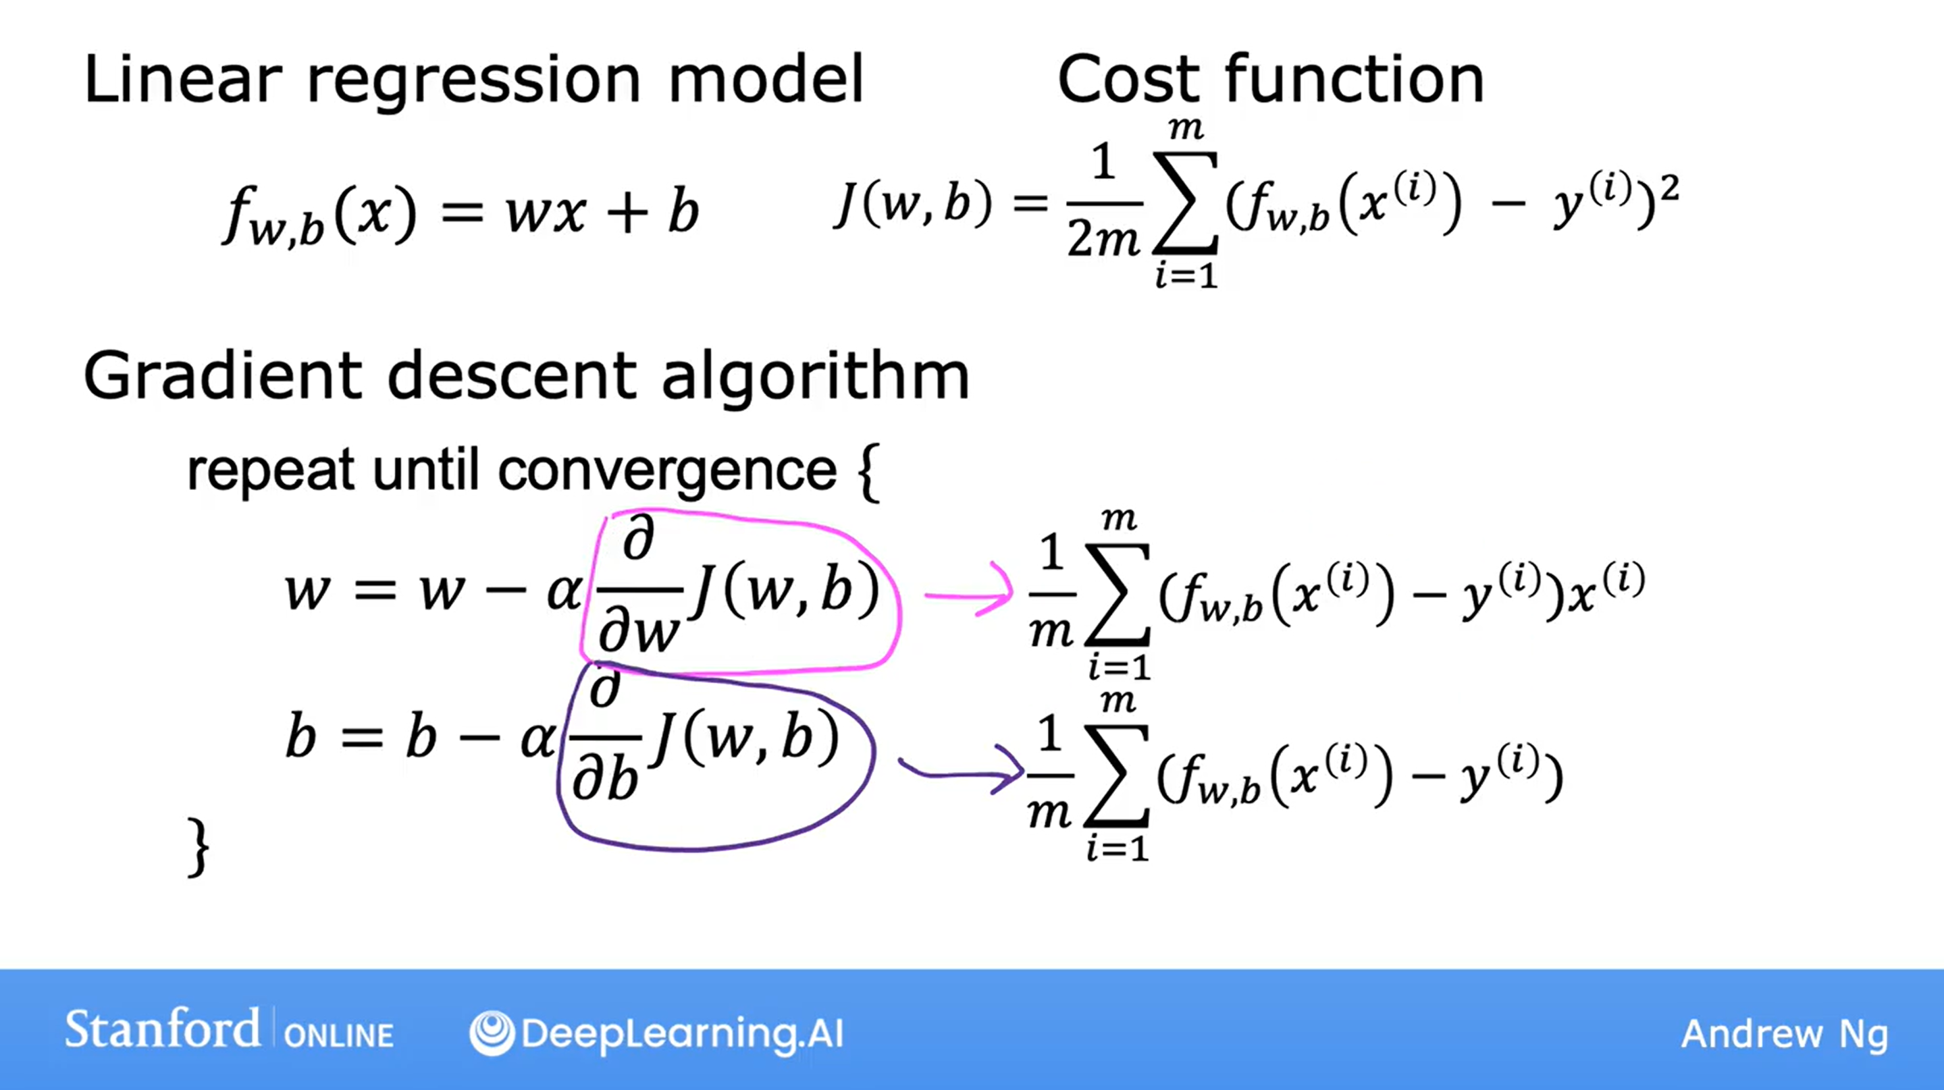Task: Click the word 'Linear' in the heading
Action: [x=182, y=79]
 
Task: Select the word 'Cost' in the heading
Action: [x=1128, y=79]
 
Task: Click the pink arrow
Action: [x=969, y=591]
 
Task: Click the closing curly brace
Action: [x=198, y=847]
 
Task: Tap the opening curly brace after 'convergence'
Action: [x=868, y=473]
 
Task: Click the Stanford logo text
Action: [x=162, y=1030]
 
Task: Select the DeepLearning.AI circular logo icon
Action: [x=492, y=1033]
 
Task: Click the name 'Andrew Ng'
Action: [x=1785, y=1035]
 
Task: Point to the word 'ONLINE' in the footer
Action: [x=339, y=1036]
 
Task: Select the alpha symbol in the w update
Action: [x=564, y=591]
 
